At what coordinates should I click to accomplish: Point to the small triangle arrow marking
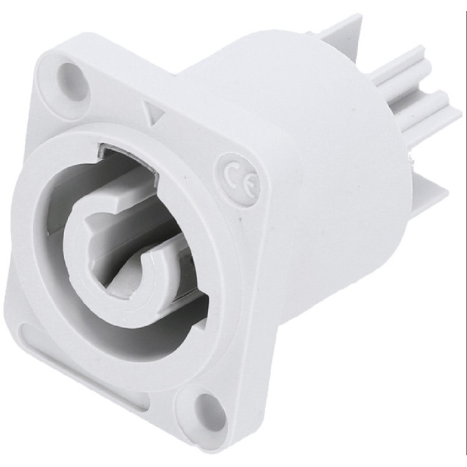coord(154,113)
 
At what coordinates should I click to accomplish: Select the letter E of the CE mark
coord(252,184)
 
